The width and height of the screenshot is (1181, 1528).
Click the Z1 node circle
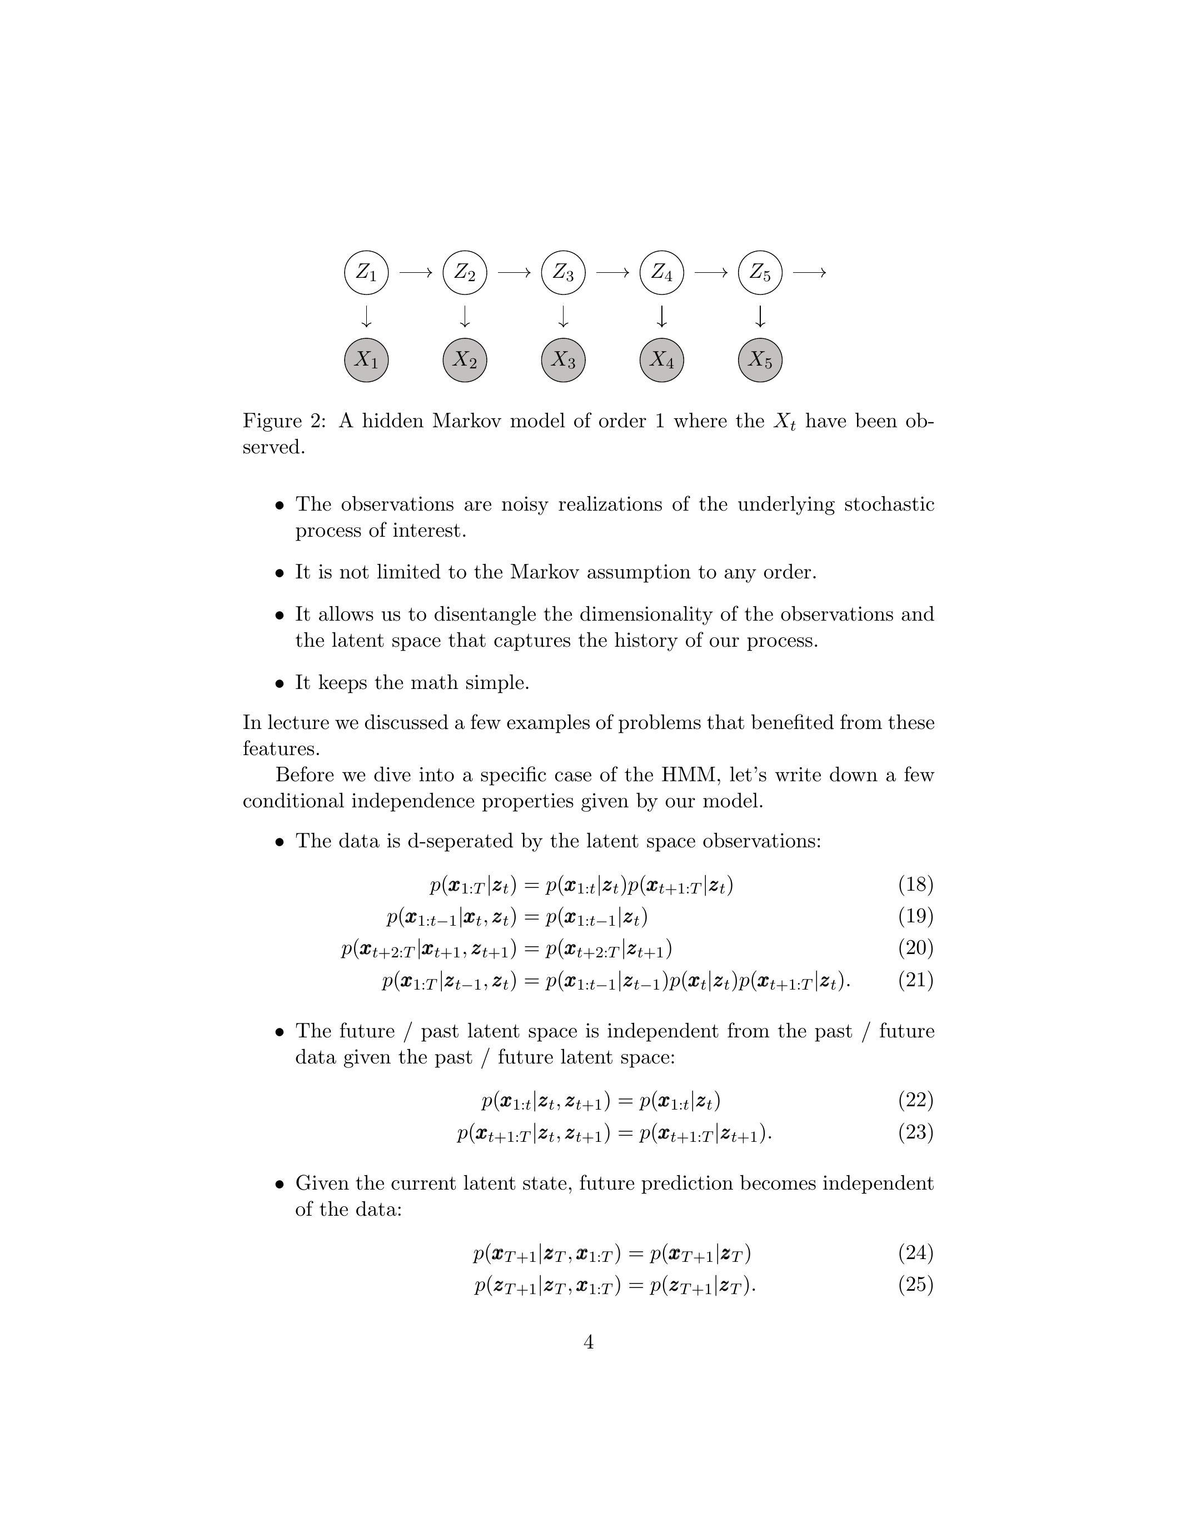[366, 272]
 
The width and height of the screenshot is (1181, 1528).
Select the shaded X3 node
[563, 360]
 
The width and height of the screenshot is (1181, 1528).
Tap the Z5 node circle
[760, 272]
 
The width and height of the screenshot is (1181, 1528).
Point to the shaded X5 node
[760, 360]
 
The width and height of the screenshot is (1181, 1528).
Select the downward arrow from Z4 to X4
[662, 317]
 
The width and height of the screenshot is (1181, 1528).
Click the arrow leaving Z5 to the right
[810, 272]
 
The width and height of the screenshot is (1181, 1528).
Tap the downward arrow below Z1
[366, 317]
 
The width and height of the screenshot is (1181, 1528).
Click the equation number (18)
[916, 885]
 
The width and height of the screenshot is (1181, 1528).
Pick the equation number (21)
[916, 980]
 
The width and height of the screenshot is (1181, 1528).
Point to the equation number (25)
[916, 1285]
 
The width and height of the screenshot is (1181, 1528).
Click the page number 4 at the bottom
[589, 1342]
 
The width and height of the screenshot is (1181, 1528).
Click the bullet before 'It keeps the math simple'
[280, 683]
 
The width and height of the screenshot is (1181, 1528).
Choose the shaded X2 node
[465, 360]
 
